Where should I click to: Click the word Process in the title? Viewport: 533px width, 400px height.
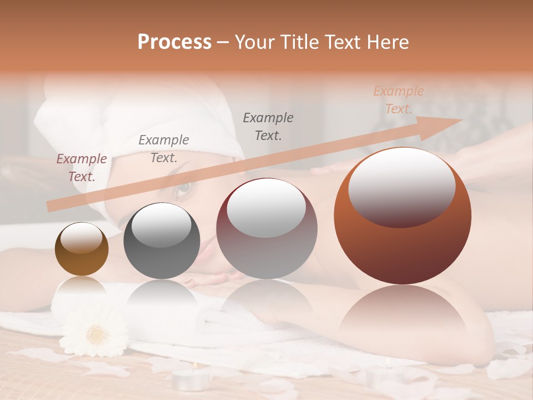click(174, 42)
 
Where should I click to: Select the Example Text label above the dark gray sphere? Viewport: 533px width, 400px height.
click(164, 149)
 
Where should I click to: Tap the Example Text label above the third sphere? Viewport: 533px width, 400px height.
click(268, 126)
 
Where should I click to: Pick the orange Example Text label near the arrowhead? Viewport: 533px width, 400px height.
click(399, 100)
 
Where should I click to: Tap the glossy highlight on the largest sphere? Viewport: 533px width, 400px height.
click(401, 186)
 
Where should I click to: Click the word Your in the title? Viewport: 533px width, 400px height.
click(256, 42)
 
